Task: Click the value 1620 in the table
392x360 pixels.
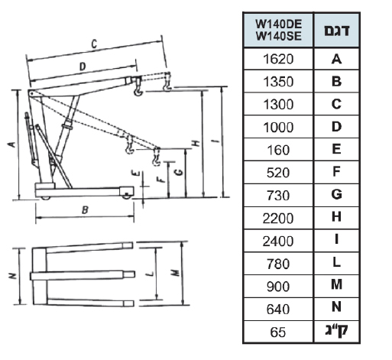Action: (x=278, y=59)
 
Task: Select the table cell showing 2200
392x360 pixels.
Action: (x=278, y=218)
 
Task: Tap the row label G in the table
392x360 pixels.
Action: (x=336, y=195)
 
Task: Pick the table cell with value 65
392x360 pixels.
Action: (x=278, y=332)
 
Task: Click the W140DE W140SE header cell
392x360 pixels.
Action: (x=278, y=30)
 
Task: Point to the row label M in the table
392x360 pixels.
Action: (x=336, y=284)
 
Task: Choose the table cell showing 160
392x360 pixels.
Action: (x=278, y=150)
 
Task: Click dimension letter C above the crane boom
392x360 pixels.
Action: (x=94, y=44)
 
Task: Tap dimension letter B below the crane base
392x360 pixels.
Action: (x=85, y=209)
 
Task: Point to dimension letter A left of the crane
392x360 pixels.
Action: (x=11, y=144)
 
